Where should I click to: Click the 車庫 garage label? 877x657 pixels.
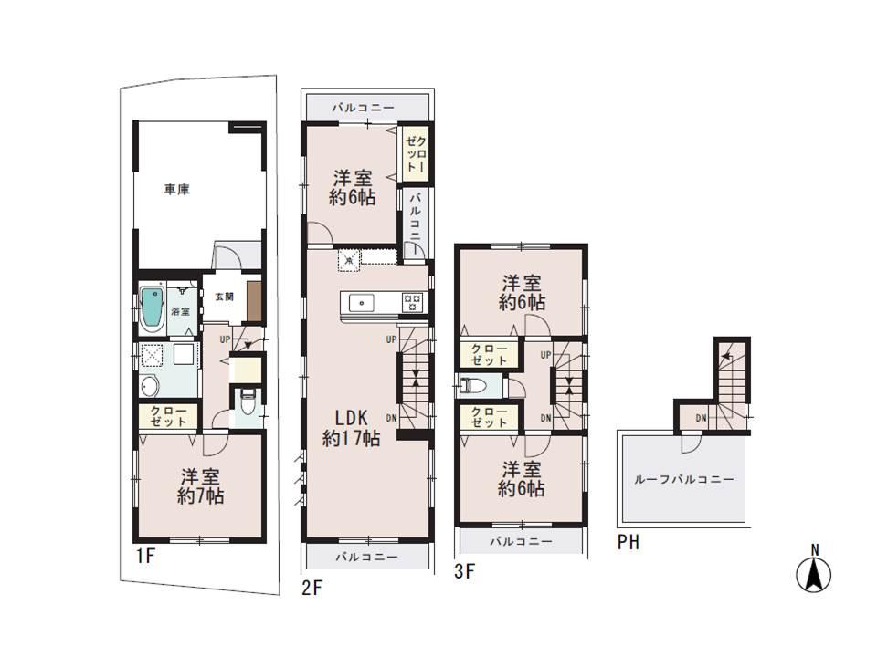coord(176,190)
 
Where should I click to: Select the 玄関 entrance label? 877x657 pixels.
coord(224,296)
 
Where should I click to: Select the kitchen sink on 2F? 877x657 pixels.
coord(360,300)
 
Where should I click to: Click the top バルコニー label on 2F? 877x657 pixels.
coord(364,108)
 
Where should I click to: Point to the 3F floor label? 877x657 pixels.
coord(465,572)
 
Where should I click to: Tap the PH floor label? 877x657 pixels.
coord(628,543)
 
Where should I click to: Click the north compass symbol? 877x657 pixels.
coord(815,571)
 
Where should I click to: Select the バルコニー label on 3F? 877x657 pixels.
coord(520,541)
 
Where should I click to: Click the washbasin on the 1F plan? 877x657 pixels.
coord(150,385)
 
